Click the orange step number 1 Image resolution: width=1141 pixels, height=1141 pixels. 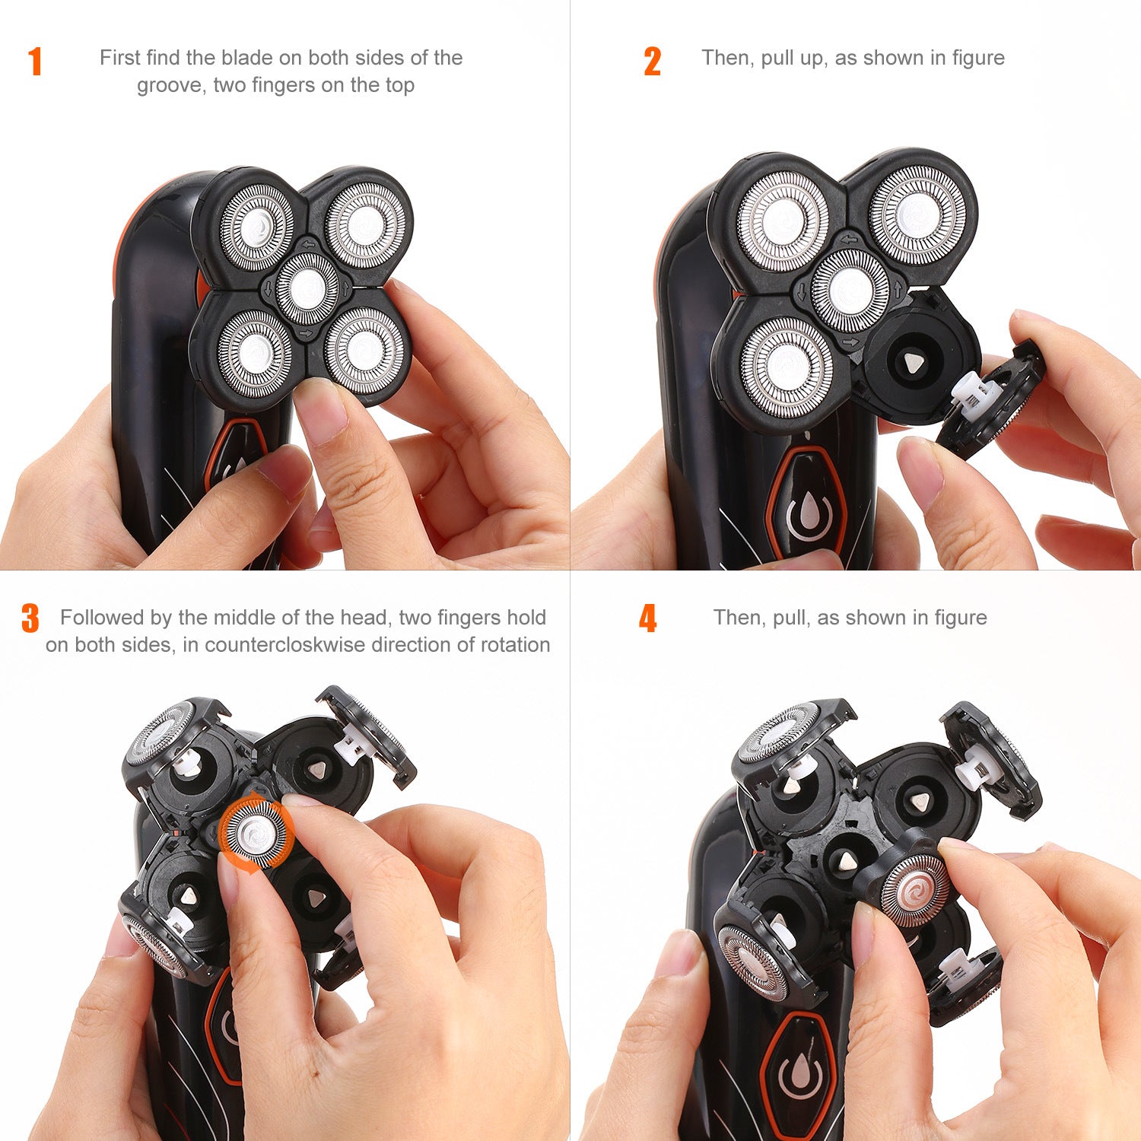(35, 62)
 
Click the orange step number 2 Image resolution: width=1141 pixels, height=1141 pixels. (652, 62)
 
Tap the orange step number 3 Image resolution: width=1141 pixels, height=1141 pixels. (30, 618)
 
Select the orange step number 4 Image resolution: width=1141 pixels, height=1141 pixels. (647, 618)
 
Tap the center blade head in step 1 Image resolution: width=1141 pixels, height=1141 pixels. (307, 288)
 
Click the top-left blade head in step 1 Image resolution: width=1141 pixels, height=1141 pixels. (256, 227)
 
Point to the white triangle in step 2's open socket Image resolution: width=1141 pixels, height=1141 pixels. (911, 365)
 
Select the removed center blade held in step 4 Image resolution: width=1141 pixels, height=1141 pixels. (918, 888)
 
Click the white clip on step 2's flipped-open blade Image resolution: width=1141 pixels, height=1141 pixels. (973, 391)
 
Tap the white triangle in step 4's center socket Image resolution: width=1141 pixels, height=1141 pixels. (847, 861)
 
